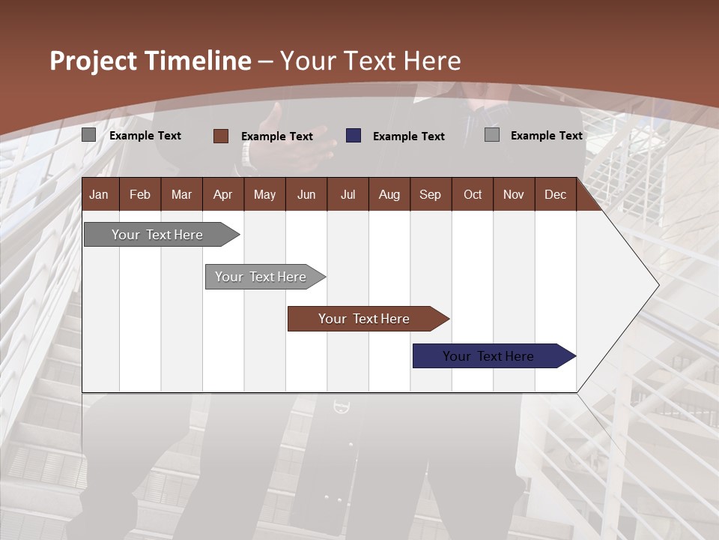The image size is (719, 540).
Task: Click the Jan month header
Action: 99,194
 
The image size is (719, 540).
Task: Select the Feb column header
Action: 140,194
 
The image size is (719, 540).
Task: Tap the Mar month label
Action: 181,194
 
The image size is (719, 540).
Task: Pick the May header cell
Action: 264,194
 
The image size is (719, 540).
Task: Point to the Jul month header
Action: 348,194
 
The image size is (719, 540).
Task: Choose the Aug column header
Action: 389,194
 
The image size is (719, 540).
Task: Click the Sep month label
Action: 430,194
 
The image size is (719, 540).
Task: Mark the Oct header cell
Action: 473,194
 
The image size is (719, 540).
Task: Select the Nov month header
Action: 514,194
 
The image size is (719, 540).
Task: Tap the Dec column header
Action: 555,194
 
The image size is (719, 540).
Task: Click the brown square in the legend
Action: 221,136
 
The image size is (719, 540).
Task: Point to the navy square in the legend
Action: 354,136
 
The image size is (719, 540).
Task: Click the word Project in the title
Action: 94,61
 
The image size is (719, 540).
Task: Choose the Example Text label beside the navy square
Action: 408,136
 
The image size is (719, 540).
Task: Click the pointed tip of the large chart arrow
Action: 657,284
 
